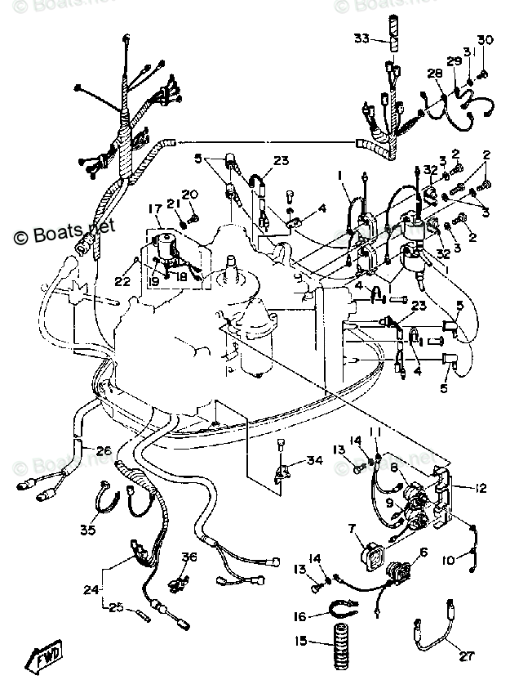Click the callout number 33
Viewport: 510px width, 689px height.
click(361, 38)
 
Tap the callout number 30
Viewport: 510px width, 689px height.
click(486, 40)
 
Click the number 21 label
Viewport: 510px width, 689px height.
click(172, 204)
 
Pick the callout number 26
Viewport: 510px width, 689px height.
click(104, 450)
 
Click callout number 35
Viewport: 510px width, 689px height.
click(87, 530)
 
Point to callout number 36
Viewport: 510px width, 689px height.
click(190, 557)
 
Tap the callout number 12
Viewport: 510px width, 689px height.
click(481, 488)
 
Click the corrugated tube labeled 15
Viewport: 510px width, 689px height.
click(336, 642)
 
